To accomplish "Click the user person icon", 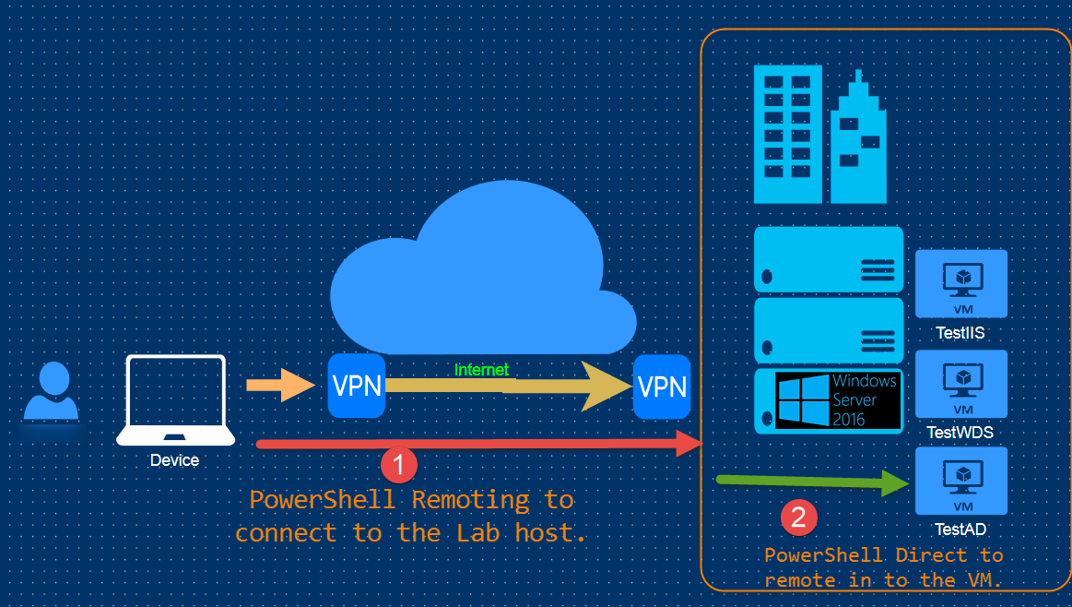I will [x=52, y=392].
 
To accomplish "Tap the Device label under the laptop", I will [x=174, y=460].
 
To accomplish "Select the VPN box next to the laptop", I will [x=356, y=385].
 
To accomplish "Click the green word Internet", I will [x=481, y=370].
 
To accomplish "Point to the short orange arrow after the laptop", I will [x=280, y=385].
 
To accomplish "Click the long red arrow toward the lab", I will [x=479, y=445].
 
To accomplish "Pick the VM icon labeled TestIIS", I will [x=961, y=283].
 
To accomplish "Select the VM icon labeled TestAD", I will [x=961, y=481].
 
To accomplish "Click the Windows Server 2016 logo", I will [x=837, y=400].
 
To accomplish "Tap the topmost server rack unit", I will [x=829, y=259].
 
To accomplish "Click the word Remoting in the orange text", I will [x=470, y=500].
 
